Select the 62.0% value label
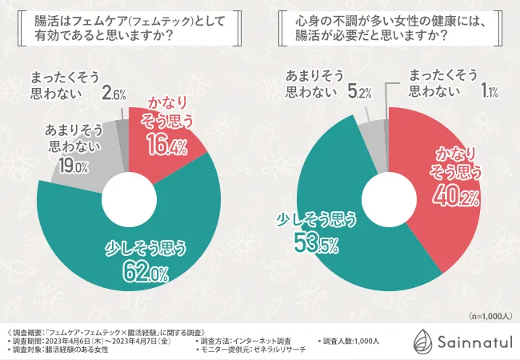coord(145,274)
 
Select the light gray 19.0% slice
coord(84,172)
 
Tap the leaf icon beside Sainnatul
coord(422,342)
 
